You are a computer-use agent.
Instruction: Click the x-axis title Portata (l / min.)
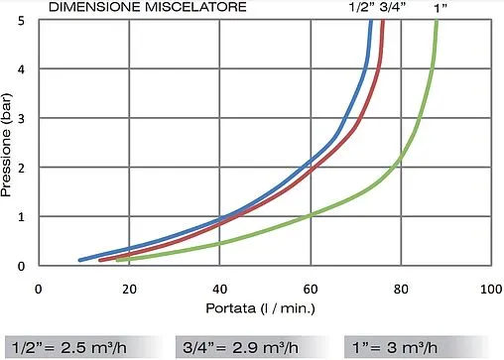click(x=262, y=308)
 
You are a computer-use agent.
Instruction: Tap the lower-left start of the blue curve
click(x=79, y=260)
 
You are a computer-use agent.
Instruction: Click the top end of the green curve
click(x=437, y=22)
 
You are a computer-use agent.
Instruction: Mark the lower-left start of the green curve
click(x=118, y=261)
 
